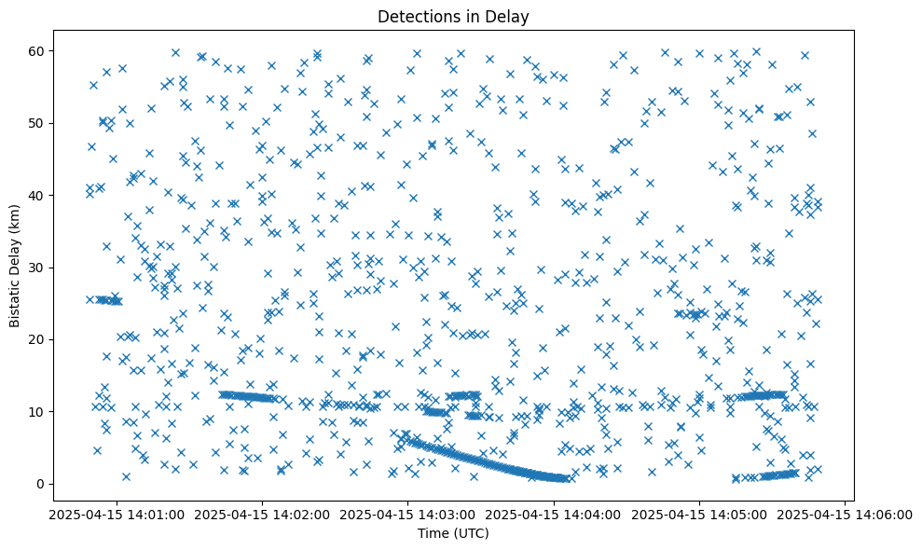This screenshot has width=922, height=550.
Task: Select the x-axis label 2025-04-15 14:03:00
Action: click(406, 514)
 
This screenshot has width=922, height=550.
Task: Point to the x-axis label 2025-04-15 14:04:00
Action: click(553, 514)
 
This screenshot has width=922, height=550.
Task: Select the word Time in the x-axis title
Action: click(432, 533)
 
